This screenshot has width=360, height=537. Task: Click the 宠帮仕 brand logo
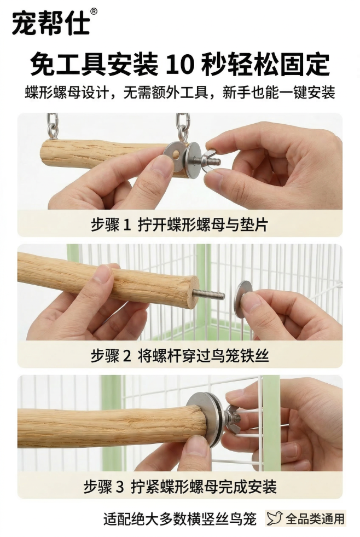[x=50, y=23]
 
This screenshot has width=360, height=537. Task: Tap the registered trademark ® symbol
[x=94, y=11]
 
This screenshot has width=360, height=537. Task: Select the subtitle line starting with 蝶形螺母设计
[x=179, y=92]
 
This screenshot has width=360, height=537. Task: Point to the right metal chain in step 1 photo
[x=182, y=127]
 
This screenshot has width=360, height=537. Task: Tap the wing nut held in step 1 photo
[x=211, y=159]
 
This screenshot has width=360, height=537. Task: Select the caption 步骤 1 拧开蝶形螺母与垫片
[x=179, y=224]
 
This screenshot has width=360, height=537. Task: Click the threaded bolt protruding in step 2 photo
[x=211, y=295]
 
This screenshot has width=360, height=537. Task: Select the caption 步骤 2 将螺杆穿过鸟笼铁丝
[x=179, y=356]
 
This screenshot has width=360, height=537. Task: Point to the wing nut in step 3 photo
[x=234, y=420]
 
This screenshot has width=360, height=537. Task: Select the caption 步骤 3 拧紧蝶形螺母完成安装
[x=179, y=487]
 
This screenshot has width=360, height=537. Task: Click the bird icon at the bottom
[x=275, y=518]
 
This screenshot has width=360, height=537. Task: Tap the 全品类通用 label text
[x=315, y=518]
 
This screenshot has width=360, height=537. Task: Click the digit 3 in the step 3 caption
[x=120, y=487]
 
